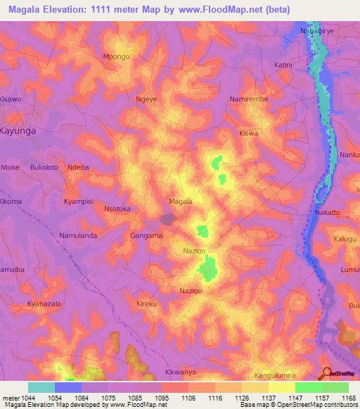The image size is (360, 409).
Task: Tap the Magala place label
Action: (181, 202)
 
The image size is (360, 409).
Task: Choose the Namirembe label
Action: (249, 100)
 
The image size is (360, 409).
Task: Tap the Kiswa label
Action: (249, 133)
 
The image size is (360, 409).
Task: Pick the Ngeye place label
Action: (146, 100)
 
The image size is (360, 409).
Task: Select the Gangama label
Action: (146, 236)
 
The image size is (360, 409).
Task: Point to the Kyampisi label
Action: (79, 202)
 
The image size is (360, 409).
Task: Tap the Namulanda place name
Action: (78, 236)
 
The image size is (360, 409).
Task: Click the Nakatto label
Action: (328, 212)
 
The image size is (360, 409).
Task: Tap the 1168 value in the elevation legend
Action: (348, 398)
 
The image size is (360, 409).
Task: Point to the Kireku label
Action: (146, 304)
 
